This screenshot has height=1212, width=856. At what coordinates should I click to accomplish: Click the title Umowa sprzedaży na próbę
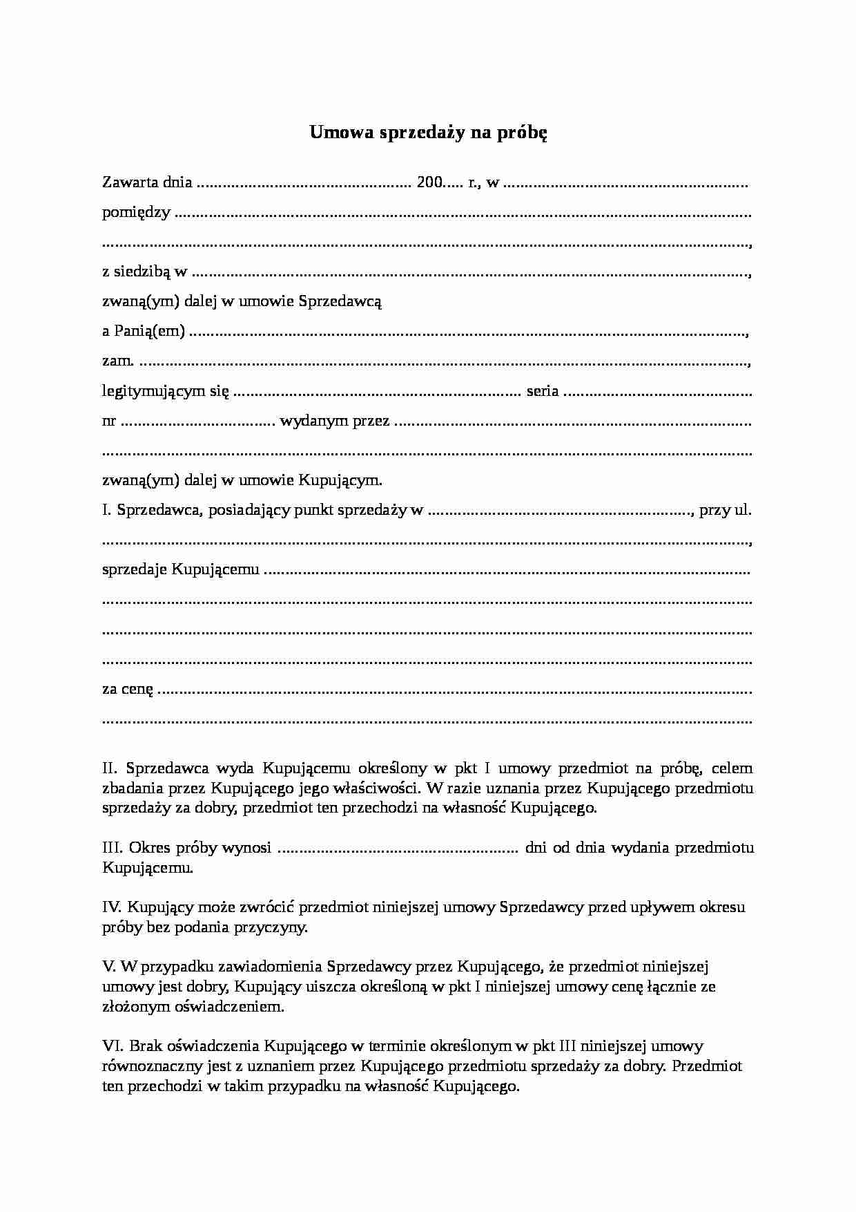[x=428, y=133]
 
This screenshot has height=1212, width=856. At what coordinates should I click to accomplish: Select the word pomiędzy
[x=136, y=213]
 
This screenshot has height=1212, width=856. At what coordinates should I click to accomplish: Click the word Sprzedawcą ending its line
[x=339, y=301]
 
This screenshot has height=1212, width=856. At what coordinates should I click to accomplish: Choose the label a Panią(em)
[x=144, y=332]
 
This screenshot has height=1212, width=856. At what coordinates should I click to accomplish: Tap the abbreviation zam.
[x=117, y=361]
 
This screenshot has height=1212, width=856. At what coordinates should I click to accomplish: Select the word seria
[x=542, y=391]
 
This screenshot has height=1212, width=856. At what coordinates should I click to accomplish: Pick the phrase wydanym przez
[x=335, y=421]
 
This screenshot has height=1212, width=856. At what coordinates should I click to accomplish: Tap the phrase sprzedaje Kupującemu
[x=181, y=570]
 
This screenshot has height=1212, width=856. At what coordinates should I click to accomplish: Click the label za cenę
[x=128, y=690]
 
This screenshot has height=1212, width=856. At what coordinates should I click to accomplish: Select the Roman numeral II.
[x=110, y=768]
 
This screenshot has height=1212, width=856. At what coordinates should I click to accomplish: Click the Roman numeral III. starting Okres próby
[x=113, y=848]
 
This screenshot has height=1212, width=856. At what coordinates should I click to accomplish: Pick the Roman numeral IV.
[x=112, y=907]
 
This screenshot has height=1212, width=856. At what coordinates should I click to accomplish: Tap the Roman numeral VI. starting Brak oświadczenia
[x=113, y=1046]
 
